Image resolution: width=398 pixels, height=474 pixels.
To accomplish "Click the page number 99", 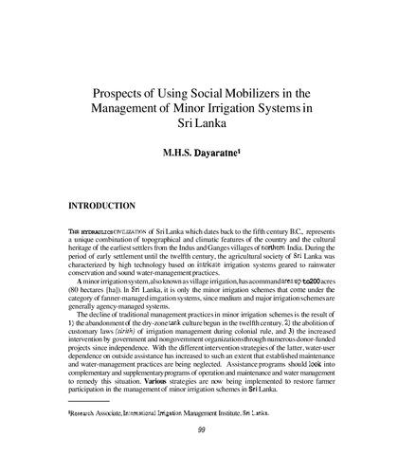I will point(201,458).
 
